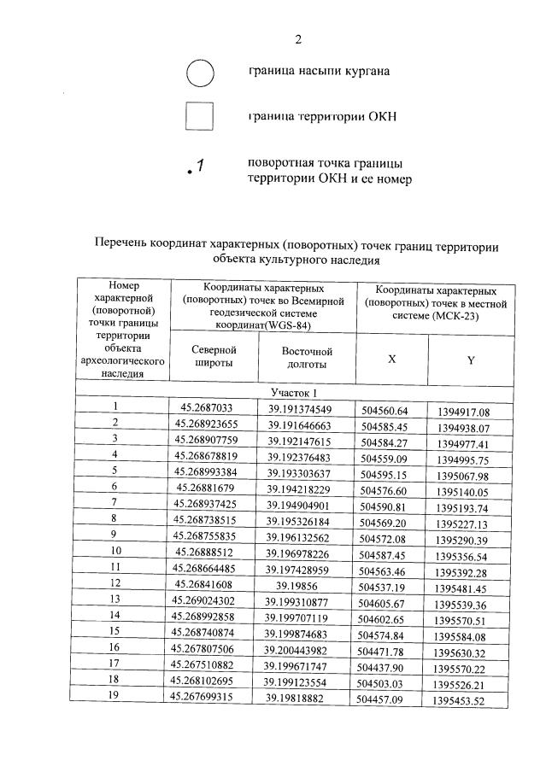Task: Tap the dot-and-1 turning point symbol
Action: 194,167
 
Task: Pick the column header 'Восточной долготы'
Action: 305,357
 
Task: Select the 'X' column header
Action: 391,360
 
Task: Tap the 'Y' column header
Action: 471,360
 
